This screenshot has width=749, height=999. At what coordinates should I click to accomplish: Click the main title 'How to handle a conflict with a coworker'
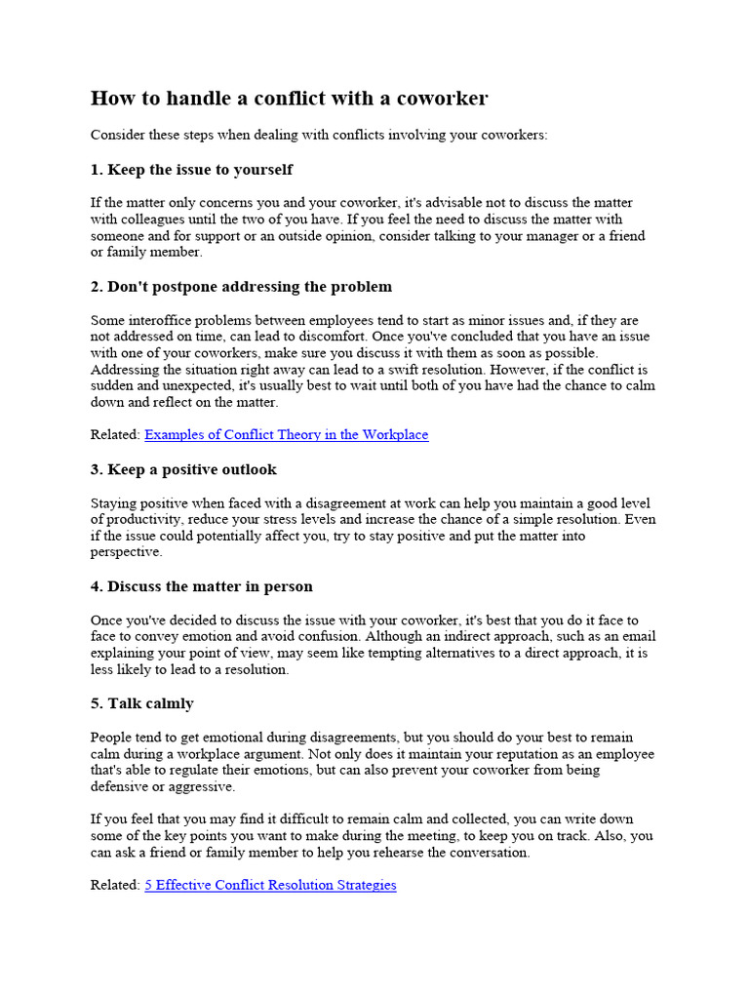pos(290,99)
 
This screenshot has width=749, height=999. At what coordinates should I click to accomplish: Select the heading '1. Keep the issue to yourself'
pos(191,170)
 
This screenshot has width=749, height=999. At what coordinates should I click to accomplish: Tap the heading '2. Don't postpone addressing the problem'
pos(241,287)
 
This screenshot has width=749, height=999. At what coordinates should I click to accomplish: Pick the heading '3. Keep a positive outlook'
pos(183,470)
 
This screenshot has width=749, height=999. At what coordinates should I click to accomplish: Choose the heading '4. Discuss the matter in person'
pos(202,587)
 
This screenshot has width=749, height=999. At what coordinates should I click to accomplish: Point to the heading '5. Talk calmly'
pos(142,703)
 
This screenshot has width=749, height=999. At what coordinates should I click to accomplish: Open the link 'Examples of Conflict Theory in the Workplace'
pos(286,435)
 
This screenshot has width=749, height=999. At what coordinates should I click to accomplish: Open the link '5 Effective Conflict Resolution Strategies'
pos(270,885)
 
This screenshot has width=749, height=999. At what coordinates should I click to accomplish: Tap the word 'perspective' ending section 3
pos(126,552)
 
